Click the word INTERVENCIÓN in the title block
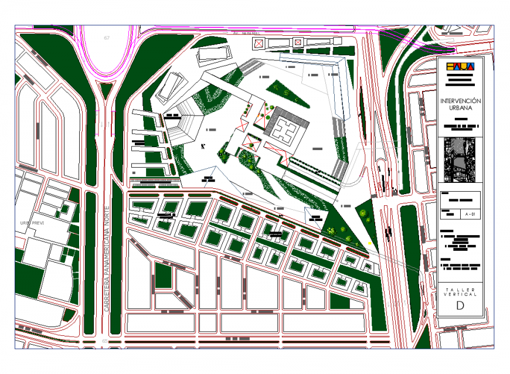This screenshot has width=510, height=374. pyautogui.click(x=460, y=101)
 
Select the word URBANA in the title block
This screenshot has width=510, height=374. pyautogui.click(x=460, y=108)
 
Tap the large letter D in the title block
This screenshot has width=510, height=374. pyautogui.click(x=460, y=306)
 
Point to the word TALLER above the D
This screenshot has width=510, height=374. pyautogui.click(x=460, y=290)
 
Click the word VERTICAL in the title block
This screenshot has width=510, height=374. pyautogui.click(x=460, y=295)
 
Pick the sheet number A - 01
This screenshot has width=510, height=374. pyautogui.click(x=469, y=215)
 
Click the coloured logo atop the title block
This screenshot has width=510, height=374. pyautogui.click(x=460, y=67)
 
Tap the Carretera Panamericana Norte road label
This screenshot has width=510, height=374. pyautogui.click(x=107, y=261)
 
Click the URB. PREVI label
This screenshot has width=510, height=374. pyautogui.click(x=32, y=223)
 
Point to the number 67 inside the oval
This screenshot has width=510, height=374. pyautogui.click(x=107, y=38)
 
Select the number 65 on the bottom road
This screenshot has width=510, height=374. pyautogui.click(x=105, y=341)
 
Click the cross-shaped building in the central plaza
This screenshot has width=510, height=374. pyautogui.click(x=286, y=128)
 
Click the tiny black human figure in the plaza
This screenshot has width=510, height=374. pyautogui.click(x=203, y=147)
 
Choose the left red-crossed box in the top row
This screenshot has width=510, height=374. pyautogui.click(x=258, y=43)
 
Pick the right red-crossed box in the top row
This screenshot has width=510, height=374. pyautogui.click(x=298, y=42)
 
